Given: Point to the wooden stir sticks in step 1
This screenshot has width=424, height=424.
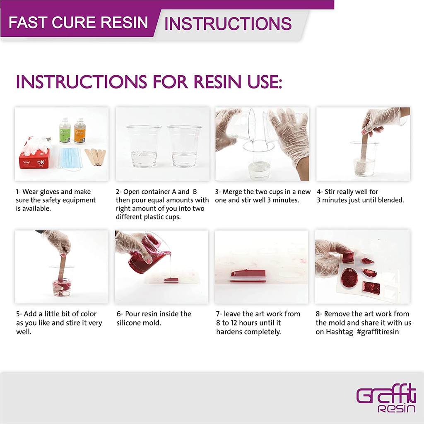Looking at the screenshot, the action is (x=96, y=157).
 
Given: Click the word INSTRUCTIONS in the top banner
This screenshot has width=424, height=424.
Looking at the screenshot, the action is (x=228, y=24).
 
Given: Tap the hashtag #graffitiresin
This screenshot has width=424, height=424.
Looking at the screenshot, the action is (x=378, y=332).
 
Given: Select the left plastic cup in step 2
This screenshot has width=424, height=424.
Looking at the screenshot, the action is (x=144, y=146).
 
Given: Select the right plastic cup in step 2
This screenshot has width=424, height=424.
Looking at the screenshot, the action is (x=184, y=146).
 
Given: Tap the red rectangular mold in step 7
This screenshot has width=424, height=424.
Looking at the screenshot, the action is (x=248, y=276).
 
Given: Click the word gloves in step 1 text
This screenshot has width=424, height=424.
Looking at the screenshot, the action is (x=50, y=192).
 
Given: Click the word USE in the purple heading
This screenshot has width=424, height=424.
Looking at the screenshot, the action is (x=265, y=82).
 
